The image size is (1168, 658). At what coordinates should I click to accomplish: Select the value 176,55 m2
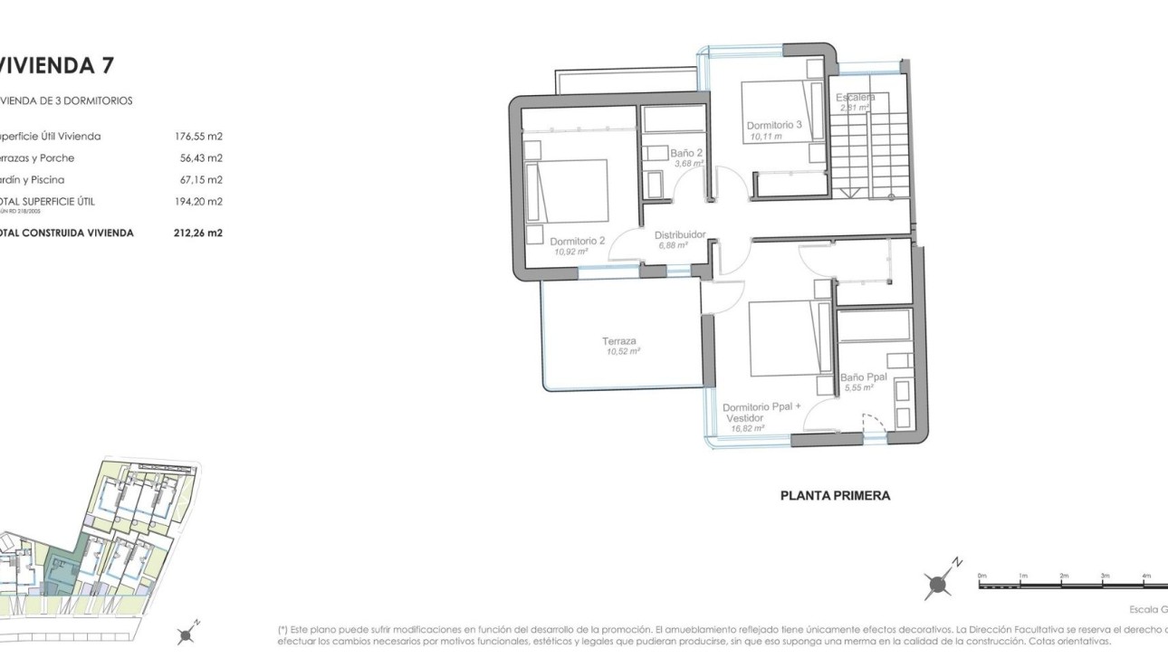coord(198,137)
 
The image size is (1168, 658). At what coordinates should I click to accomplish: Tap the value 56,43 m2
coord(201,158)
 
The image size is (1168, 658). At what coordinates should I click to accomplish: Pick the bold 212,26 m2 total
coord(198,233)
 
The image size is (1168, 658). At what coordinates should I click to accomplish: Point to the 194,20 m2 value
coord(198,202)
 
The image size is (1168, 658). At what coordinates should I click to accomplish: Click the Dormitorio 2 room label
coord(577,242)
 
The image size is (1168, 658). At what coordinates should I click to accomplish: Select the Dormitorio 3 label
coord(774,126)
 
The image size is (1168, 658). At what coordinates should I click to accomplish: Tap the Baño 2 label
coord(686,153)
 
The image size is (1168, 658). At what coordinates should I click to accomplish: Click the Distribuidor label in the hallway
coord(679,234)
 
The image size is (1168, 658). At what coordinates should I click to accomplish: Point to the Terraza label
coord(619,341)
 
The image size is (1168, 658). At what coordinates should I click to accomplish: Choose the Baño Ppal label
coord(862,377)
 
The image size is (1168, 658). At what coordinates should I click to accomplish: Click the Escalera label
coord(855,97)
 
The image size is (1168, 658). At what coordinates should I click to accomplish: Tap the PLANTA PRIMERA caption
coord(835,496)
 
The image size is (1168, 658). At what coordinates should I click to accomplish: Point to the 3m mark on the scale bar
coord(1105,576)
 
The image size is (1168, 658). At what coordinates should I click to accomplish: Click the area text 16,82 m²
coord(747,428)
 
